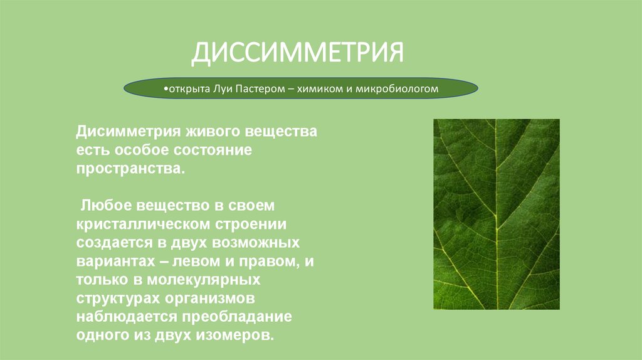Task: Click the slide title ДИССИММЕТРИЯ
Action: click(x=297, y=53)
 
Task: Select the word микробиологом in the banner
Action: click(x=397, y=90)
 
